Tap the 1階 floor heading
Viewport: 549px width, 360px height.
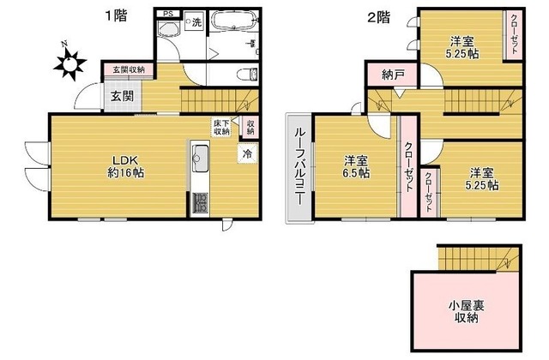[115, 15]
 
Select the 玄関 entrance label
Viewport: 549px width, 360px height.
[121, 96]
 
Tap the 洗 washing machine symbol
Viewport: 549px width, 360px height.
[196, 21]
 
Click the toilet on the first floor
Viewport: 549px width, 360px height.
[245, 72]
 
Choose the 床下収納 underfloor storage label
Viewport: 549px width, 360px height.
[222, 129]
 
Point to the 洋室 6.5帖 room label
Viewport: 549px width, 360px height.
[357, 166]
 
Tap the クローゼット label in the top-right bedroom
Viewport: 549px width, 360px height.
[513, 35]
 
